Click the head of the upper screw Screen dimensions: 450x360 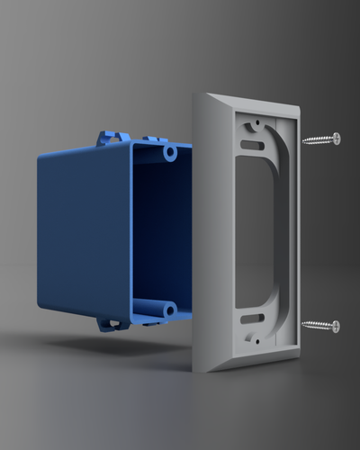pos(336,139)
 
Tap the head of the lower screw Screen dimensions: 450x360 pos(335,326)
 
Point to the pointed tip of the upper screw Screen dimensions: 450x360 pos(302,140)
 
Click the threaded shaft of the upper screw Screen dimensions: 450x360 pos(318,139)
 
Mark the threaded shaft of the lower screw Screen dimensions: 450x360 pos(318,325)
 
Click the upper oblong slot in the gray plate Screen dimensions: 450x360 pos(253,144)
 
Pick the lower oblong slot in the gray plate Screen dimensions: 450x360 pos(254,318)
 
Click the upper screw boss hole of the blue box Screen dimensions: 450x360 pos(170,154)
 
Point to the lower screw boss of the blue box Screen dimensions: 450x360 pos(167,310)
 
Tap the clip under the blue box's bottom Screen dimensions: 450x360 pos(112,323)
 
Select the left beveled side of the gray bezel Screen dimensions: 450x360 pos(208,234)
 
